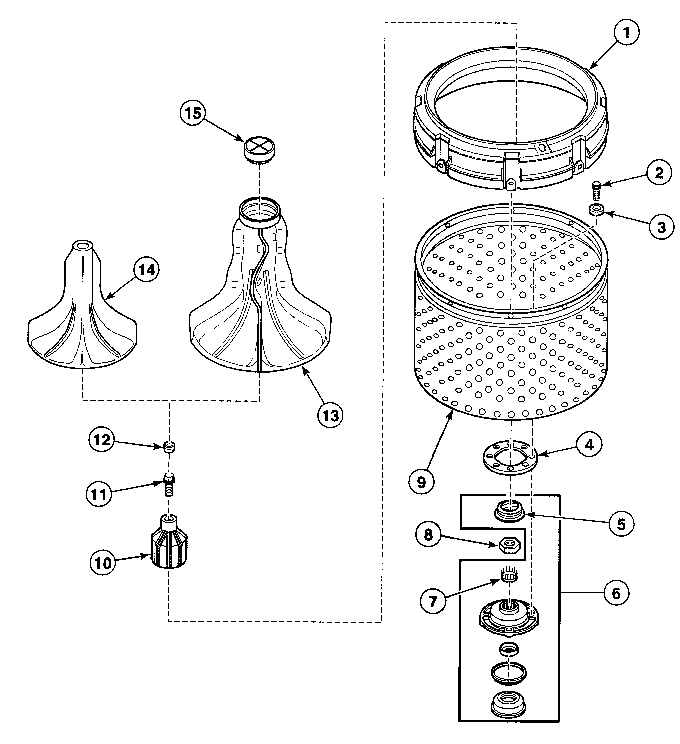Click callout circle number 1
[626, 33]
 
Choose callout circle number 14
[147, 270]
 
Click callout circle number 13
[330, 416]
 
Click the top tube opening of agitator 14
[82, 245]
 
